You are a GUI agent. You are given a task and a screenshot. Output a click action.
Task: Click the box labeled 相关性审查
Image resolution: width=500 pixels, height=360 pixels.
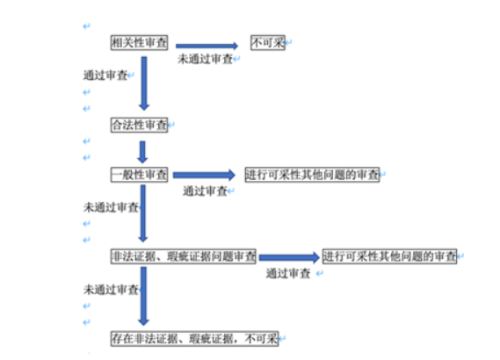tap(140, 43)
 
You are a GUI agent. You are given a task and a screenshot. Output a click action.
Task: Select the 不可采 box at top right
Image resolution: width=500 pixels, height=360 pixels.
tap(268, 43)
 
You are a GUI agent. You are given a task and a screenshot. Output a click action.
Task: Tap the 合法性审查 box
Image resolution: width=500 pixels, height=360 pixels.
tap(140, 125)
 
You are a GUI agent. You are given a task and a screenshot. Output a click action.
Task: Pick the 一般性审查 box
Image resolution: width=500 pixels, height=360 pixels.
tap(140, 175)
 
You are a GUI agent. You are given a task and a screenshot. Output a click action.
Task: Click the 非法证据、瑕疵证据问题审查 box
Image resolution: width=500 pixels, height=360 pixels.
tap(184, 256)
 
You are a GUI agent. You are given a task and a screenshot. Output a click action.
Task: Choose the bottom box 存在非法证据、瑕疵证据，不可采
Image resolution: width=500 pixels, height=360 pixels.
tap(194, 339)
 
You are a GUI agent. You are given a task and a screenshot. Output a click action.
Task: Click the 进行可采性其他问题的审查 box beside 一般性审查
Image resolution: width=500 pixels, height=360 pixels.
tap(313, 175)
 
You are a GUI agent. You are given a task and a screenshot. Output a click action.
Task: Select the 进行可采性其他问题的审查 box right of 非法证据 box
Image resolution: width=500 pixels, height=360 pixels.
tap(389, 256)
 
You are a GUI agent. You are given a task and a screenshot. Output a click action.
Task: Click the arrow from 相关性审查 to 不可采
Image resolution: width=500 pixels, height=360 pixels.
tap(207, 46)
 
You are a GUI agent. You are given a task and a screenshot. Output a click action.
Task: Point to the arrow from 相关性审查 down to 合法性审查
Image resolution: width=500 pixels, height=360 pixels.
tap(144, 83)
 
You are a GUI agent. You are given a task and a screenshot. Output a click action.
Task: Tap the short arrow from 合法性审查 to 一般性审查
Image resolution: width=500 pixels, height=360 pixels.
tap(142, 152)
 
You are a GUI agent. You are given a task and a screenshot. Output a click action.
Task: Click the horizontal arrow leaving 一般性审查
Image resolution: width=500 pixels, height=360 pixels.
tap(205, 175)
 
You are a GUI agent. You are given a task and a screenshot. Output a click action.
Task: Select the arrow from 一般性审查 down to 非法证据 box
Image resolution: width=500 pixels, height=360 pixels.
tap(143, 213)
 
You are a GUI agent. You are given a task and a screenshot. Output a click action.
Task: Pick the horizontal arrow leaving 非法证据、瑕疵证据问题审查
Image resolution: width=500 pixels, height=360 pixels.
tap(289, 257)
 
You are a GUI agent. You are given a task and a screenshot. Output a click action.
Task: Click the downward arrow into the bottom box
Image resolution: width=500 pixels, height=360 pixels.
tap(143, 296)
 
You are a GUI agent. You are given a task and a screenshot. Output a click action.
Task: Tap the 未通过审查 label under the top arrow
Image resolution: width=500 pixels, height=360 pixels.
tap(206, 59)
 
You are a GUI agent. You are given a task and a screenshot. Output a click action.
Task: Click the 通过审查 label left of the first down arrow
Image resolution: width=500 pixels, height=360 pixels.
tap(105, 76)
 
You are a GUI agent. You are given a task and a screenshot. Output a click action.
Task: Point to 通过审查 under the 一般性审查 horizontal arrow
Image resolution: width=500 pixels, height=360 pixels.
tap(205, 191)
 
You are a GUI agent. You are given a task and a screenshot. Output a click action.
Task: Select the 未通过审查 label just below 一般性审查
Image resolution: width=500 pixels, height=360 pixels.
tap(111, 207)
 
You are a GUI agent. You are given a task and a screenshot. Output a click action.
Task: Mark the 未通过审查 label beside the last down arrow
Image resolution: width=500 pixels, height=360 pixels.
tap(111, 290)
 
